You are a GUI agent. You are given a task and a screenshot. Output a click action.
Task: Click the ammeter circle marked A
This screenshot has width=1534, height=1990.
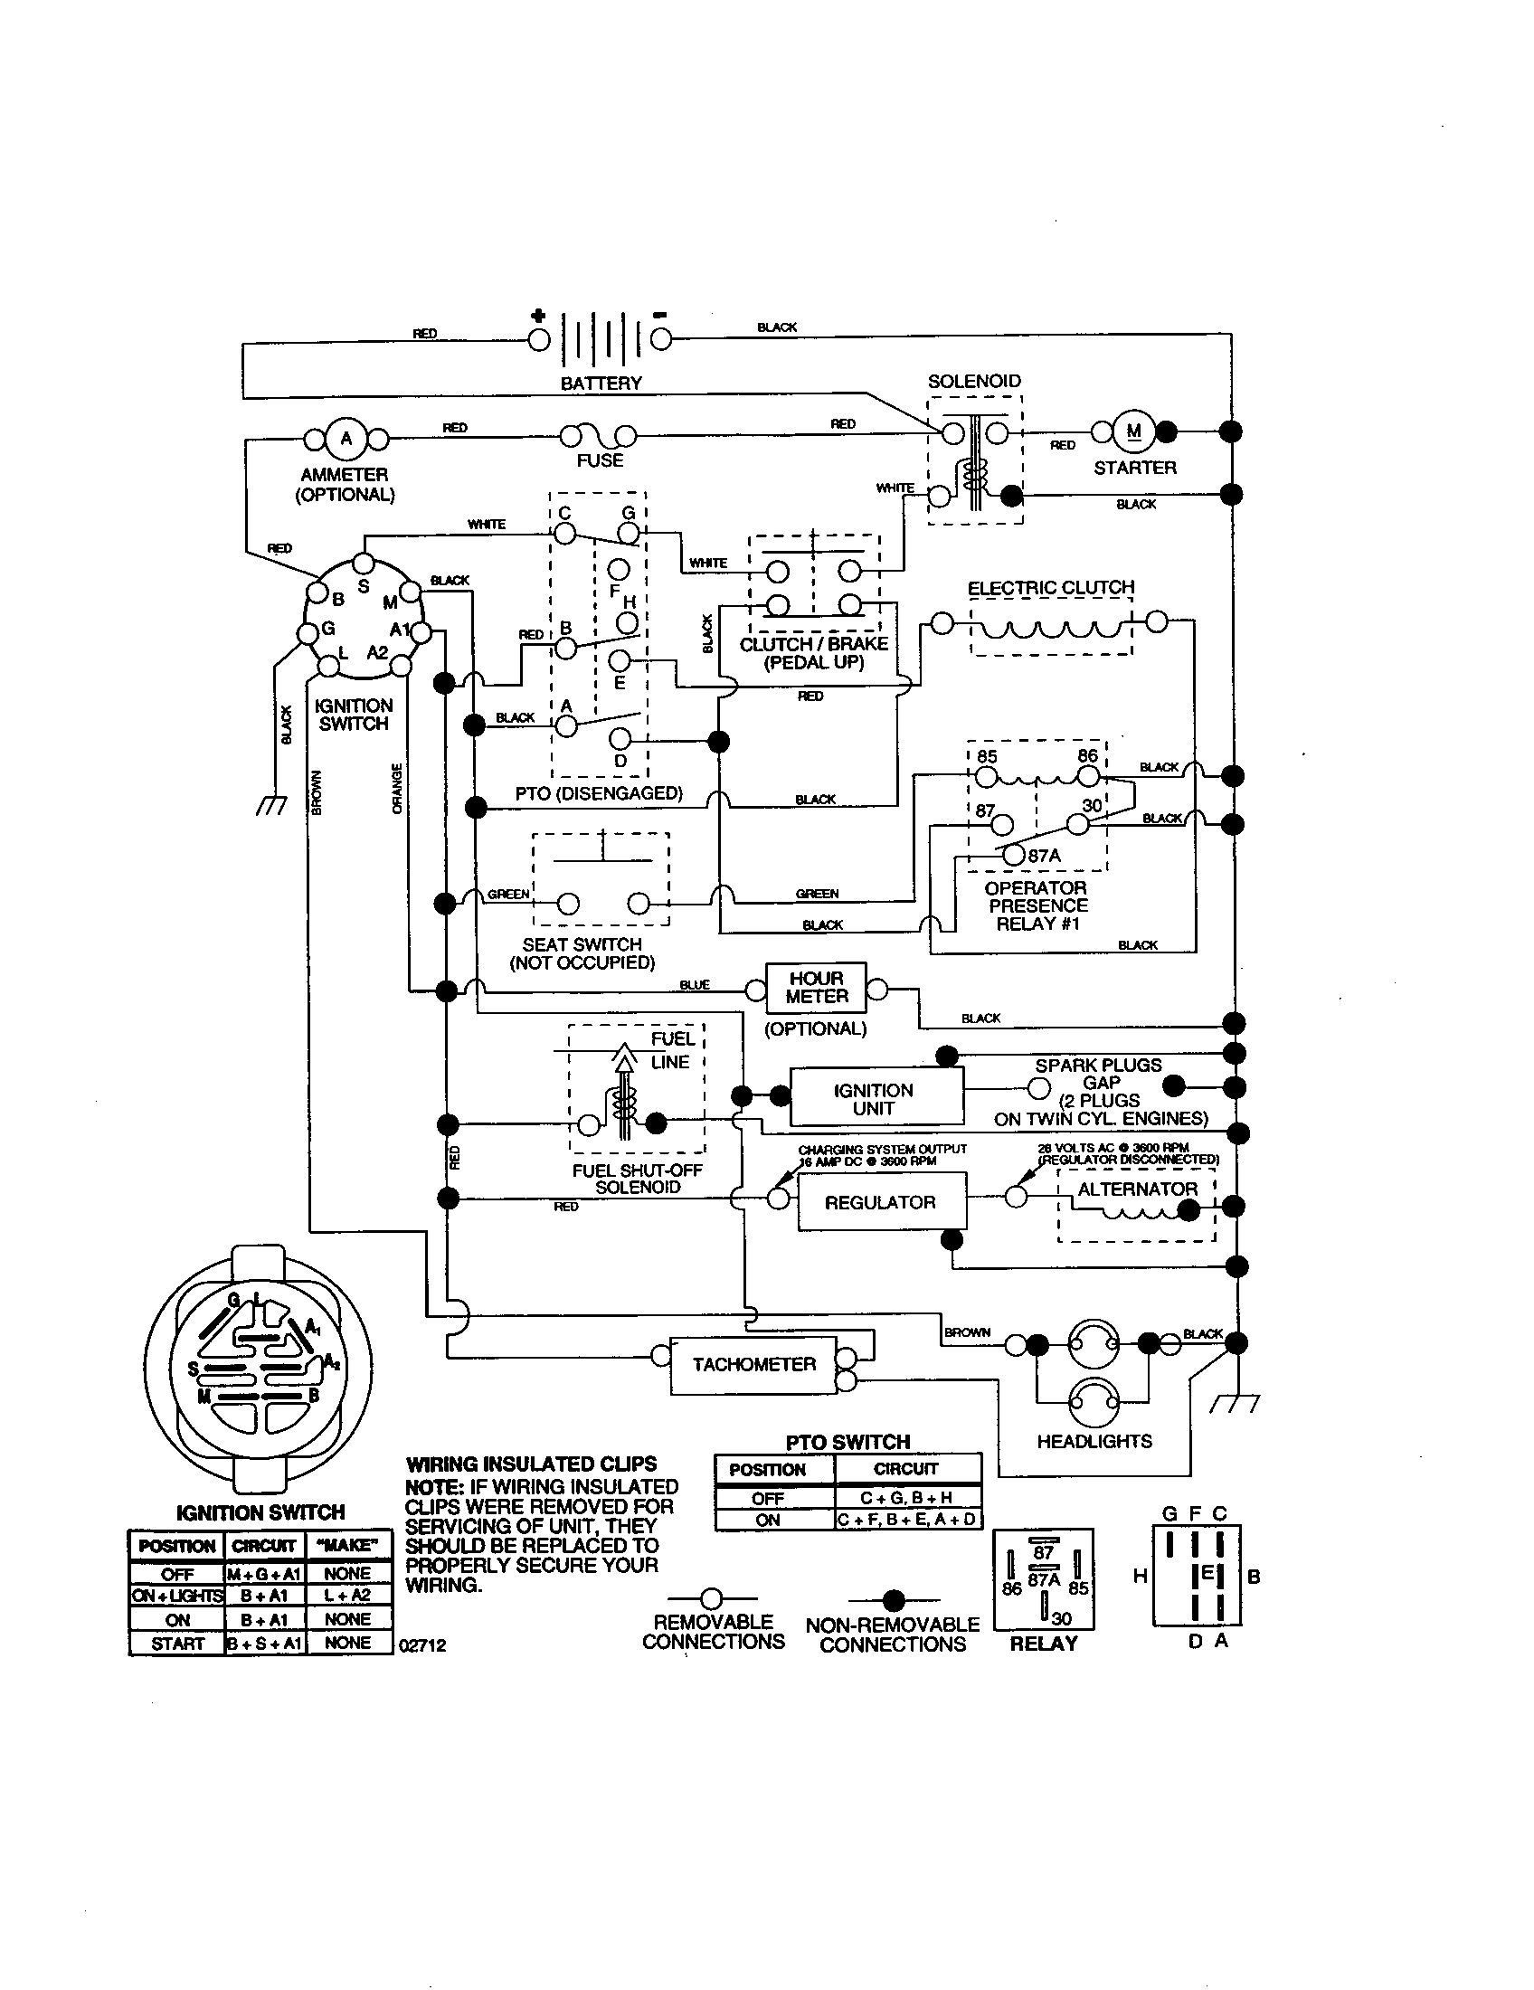(346, 441)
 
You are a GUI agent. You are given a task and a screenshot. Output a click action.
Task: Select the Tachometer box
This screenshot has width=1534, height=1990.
(753, 1364)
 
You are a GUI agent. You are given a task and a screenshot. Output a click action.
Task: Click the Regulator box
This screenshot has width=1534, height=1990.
(881, 1202)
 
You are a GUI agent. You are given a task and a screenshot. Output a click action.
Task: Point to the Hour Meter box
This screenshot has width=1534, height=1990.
(816, 988)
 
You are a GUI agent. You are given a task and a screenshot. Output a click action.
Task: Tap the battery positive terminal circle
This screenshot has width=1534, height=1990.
(539, 340)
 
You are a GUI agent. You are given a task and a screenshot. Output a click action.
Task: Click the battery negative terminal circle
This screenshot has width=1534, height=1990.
(660, 340)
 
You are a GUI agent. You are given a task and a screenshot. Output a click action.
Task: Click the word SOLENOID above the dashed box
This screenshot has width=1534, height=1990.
(974, 381)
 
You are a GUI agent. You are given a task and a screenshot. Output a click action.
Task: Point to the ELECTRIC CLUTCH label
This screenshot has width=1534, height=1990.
(1050, 588)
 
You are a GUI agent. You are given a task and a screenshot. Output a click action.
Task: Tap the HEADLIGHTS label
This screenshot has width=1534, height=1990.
(1094, 1441)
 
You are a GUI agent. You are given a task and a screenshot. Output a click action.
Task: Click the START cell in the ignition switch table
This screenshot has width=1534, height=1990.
(176, 1643)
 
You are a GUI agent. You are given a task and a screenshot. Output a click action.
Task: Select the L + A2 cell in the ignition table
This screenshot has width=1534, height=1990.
(347, 1595)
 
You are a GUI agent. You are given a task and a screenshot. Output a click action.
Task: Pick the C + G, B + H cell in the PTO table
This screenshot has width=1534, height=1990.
(906, 1497)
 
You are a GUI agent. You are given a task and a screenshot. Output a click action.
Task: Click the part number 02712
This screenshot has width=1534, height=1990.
(422, 1645)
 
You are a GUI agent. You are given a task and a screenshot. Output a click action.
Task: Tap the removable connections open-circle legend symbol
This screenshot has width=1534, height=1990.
(712, 1598)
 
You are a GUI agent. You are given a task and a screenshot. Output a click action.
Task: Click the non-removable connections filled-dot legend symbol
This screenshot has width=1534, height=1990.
(894, 1600)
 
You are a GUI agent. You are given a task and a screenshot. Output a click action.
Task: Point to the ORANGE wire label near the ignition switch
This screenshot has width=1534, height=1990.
(397, 789)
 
